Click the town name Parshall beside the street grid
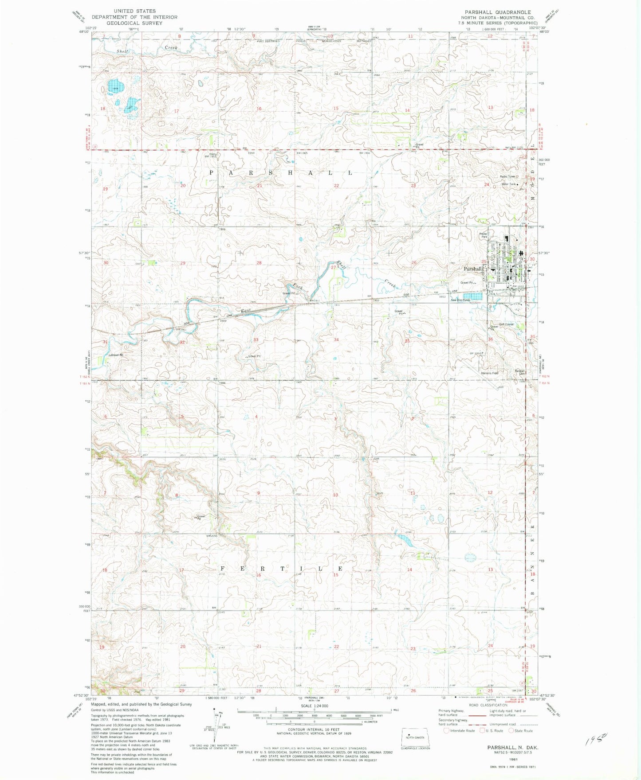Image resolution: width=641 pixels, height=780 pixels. pos(472,269)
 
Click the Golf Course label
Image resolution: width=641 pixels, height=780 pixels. pos(506,324)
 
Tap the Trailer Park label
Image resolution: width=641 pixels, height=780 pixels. pos(483,235)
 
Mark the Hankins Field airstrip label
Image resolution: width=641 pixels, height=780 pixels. pos(489,373)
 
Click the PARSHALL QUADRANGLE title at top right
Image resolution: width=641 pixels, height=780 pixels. pos(497,12)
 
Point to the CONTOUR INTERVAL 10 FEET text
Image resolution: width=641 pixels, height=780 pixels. pos(314,729)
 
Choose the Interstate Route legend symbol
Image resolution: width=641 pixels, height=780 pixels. pos(446,731)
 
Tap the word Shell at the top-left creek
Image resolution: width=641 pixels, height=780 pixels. pos(122,51)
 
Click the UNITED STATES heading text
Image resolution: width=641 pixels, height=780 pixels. pos(134,11)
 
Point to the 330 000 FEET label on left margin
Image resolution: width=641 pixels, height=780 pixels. pos(84,608)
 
